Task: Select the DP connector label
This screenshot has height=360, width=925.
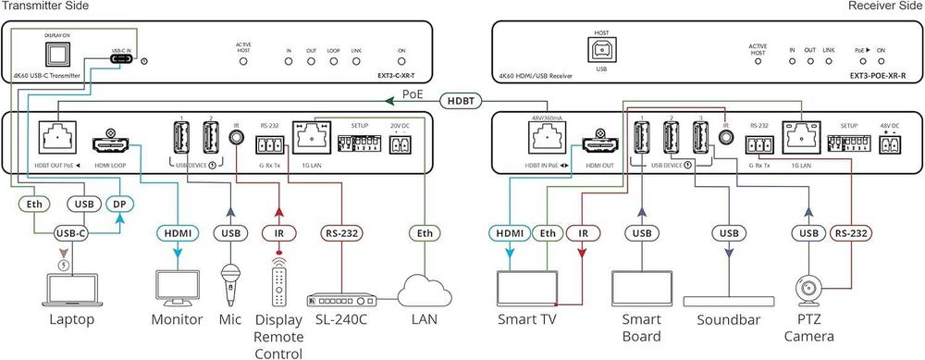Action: (118, 203)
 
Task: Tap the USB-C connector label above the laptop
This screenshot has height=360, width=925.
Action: (71, 233)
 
